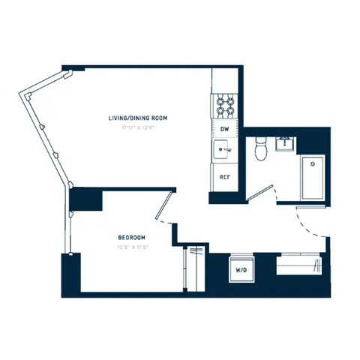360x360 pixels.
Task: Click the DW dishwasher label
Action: tap(223, 129)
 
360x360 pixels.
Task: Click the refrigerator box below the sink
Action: tap(223, 178)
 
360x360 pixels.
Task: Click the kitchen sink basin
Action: tap(223, 151)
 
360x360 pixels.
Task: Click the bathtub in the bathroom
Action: tap(312, 175)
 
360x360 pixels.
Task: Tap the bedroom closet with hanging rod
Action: tap(193, 268)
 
